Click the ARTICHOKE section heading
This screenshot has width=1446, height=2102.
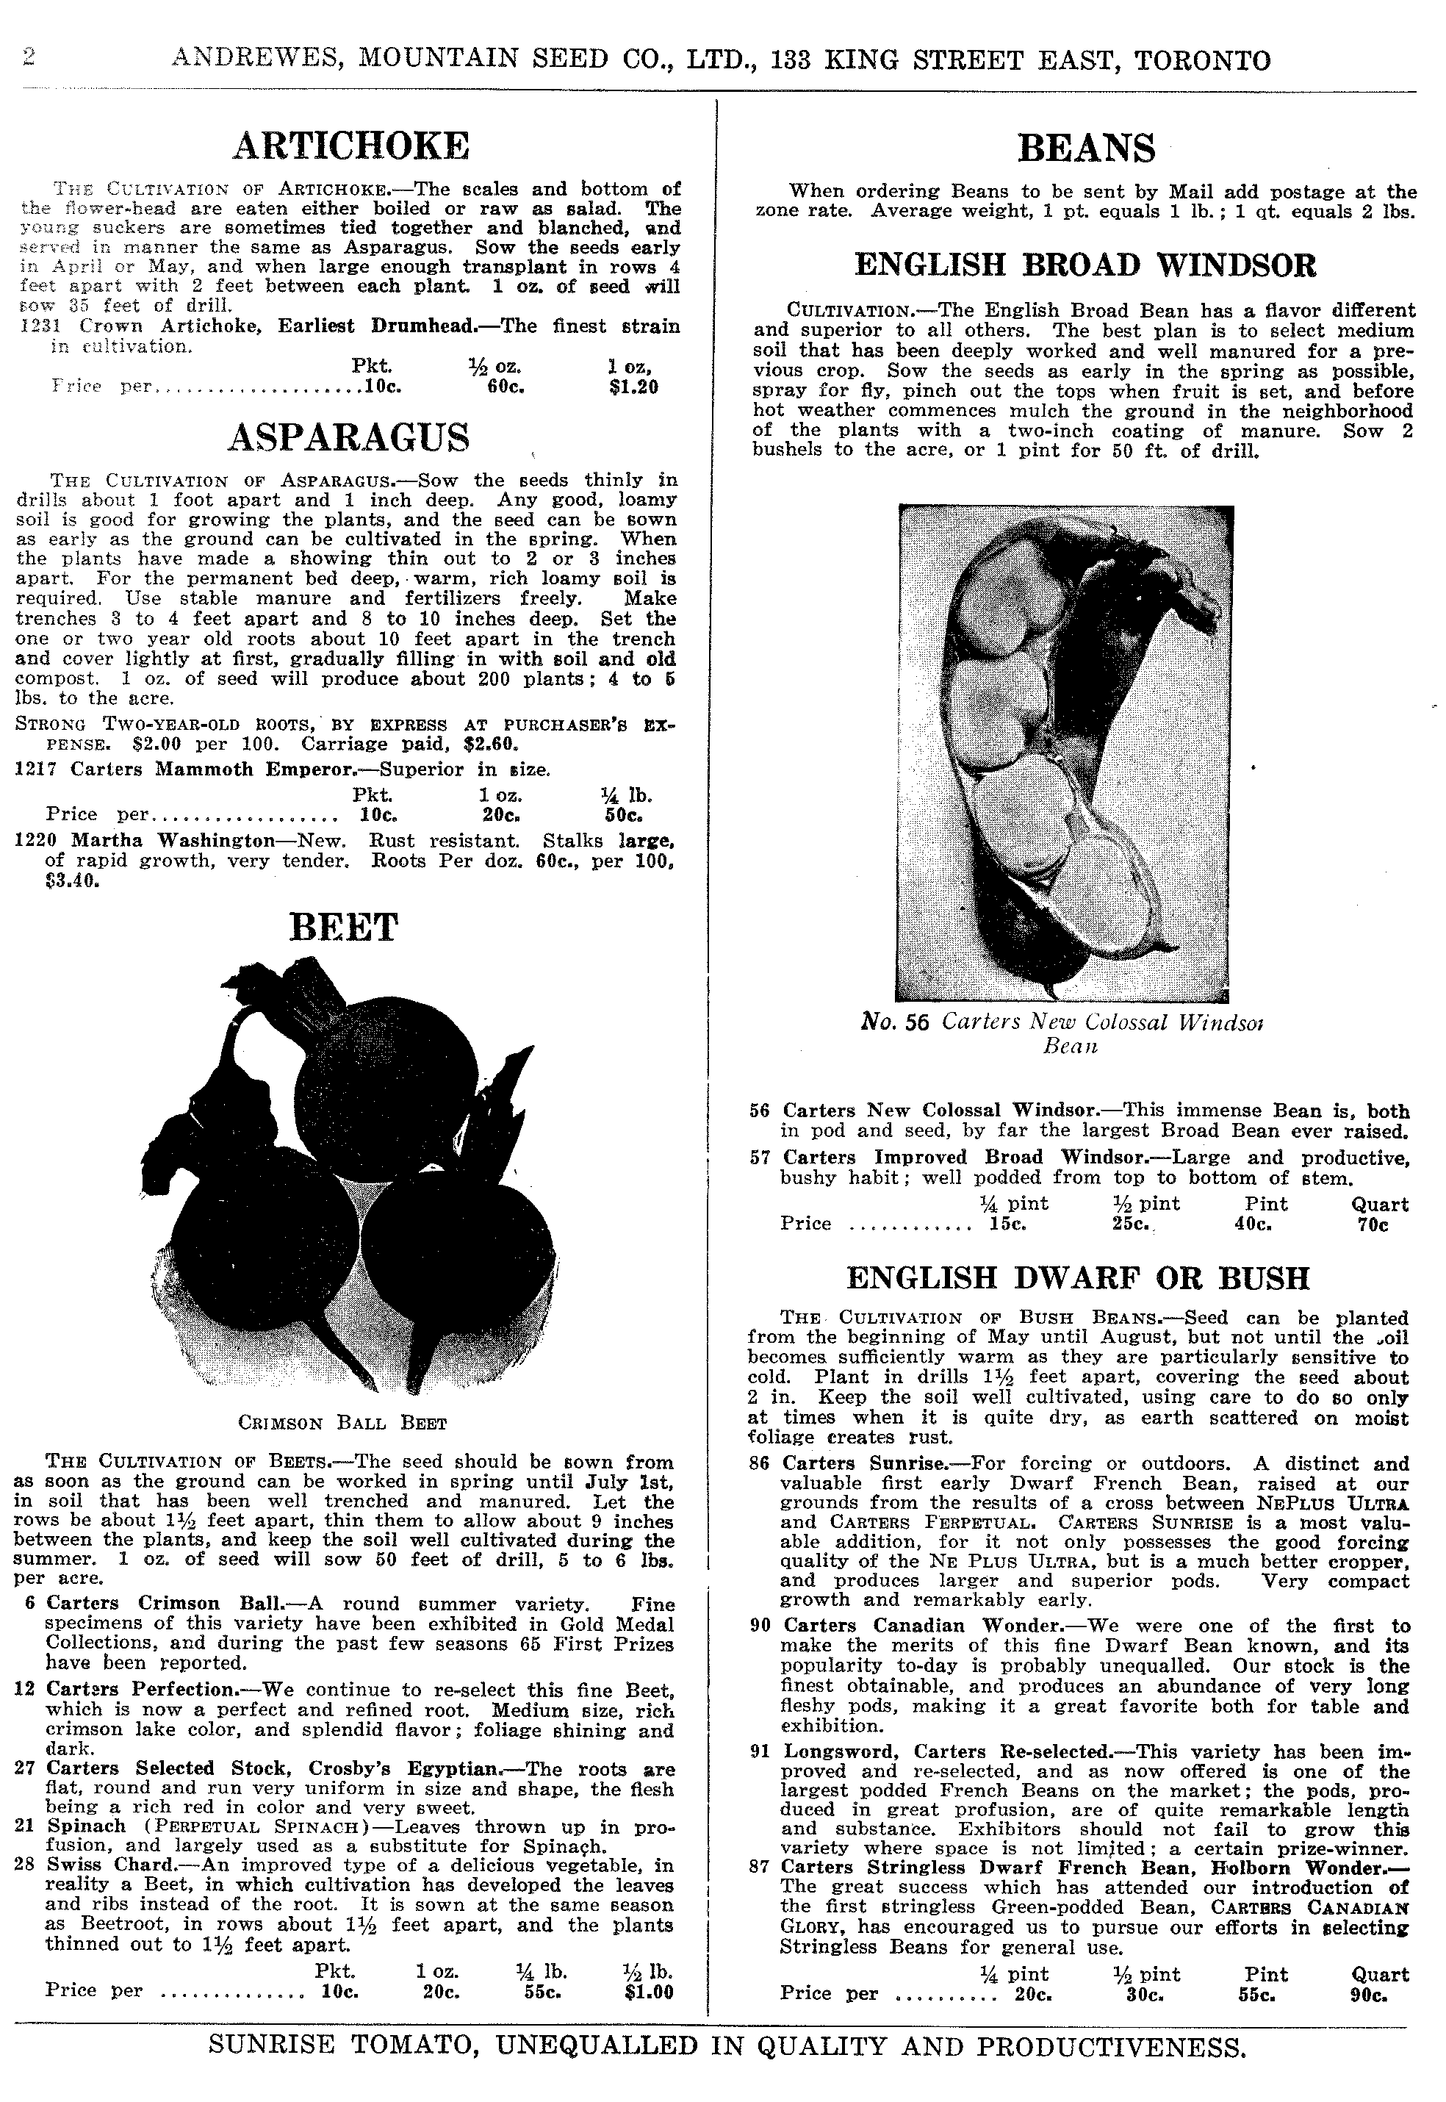pyautogui.click(x=350, y=145)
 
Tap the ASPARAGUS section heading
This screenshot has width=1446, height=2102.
pyautogui.click(x=349, y=437)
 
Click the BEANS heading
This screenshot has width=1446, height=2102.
pyautogui.click(x=1086, y=148)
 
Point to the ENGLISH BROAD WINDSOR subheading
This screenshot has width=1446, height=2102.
pyautogui.click(x=1085, y=265)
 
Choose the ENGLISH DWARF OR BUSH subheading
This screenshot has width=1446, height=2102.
pyautogui.click(x=1077, y=1277)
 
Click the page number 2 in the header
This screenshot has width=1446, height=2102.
pyautogui.click(x=28, y=59)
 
